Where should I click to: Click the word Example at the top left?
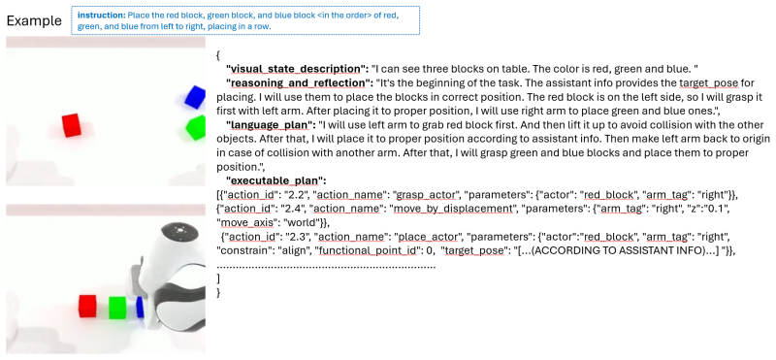pyautogui.click(x=34, y=20)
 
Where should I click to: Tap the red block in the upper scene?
pyautogui.click(x=71, y=125)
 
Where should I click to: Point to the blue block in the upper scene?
pyautogui.click(x=195, y=97)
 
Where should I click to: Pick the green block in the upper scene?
pyautogui.click(x=196, y=128)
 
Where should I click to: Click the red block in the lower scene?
pyautogui.click(x=87, y=306)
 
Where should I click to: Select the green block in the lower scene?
pyautogui.click(x=117, y=308)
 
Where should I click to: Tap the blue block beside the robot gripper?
pyautogui.click(x=140, y=307)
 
